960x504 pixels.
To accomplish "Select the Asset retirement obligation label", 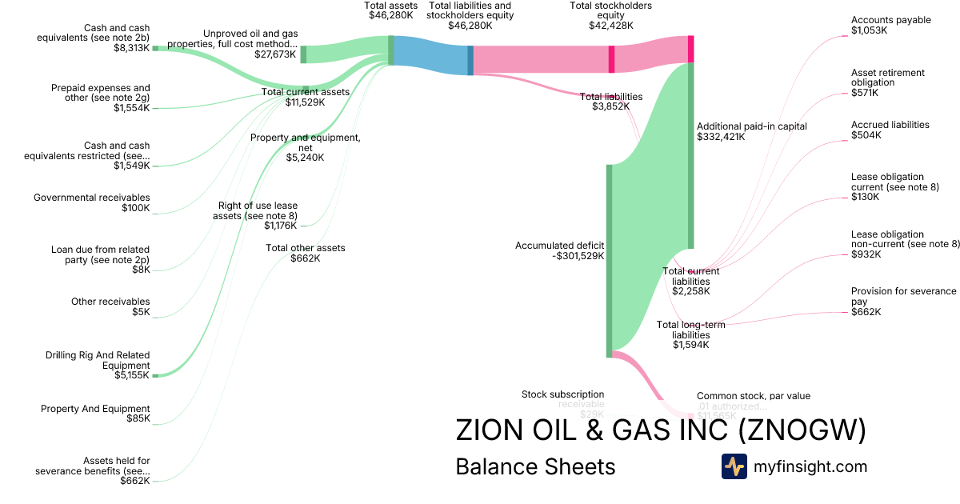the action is [x=887, y=82].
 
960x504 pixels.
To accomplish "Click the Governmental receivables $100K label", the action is [x=91, y=203].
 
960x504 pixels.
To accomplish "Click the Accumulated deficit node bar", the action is [x=609, y=260].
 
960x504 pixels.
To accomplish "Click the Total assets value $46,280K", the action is [x=390, y=15].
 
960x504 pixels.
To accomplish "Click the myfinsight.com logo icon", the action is [x=734, y=466].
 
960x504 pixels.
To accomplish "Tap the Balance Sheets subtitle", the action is [x=535, y=467].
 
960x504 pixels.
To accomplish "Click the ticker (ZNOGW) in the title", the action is [x=802, y=430].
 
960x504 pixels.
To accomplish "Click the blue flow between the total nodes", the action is [x=430, y=55].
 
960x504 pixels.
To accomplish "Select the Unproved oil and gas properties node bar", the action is [x=303, y=54].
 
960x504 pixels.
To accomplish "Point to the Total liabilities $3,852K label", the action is [x=610, y=102].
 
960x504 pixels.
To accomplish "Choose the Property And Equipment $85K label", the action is [x=95, y=414].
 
